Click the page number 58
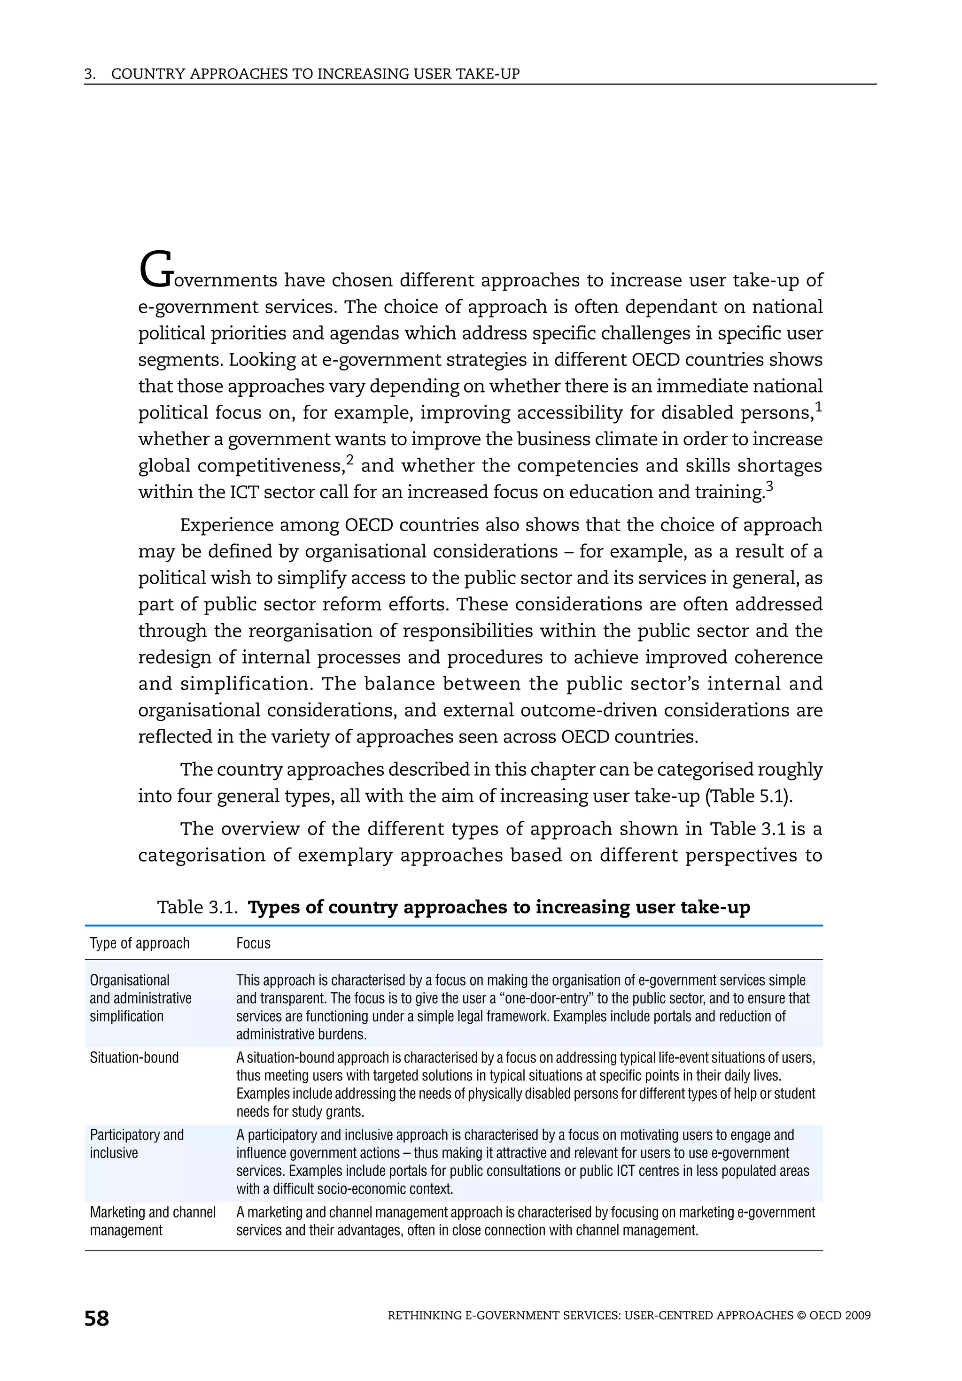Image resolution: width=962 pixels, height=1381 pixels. click(x=96, y=1319)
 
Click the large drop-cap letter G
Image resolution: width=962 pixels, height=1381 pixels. click(x=156, y=270)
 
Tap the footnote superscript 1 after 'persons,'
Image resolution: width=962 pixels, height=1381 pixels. click(x=818, y=407)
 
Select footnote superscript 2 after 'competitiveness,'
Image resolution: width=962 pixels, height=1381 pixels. click(x=349, y=460)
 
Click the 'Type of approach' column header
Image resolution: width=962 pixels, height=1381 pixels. click(x=140, y=943)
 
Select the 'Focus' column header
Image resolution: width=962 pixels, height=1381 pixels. click(x=253, y=943)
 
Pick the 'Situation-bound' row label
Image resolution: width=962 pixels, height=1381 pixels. click(x=134, y=1057)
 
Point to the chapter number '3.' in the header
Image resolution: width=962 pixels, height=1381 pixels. click(x=90, y=74)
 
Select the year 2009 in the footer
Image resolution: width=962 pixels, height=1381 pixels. click(x=857, y=1315)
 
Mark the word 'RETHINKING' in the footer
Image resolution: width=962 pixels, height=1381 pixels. click(x=425, y=1315)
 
